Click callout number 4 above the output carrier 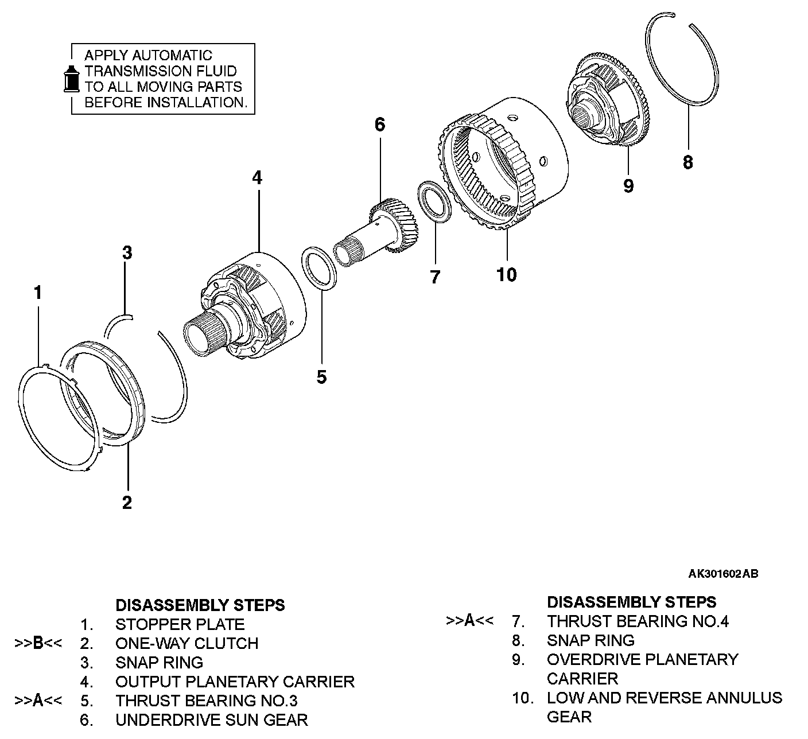point(257,178)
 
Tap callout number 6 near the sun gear point(380,125)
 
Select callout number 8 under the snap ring point(687,162)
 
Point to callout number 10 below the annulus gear point(507,275)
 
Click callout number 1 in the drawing point(38,293)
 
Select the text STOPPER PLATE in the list point(180,624)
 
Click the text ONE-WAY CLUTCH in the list point(187,643)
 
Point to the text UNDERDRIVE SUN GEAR point(211,719)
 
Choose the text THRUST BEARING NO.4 point(638,621)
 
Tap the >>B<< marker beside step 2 point(38,643)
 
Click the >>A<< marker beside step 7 point(469,621)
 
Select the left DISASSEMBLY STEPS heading point(200,605)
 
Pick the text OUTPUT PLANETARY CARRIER point(235,682)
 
